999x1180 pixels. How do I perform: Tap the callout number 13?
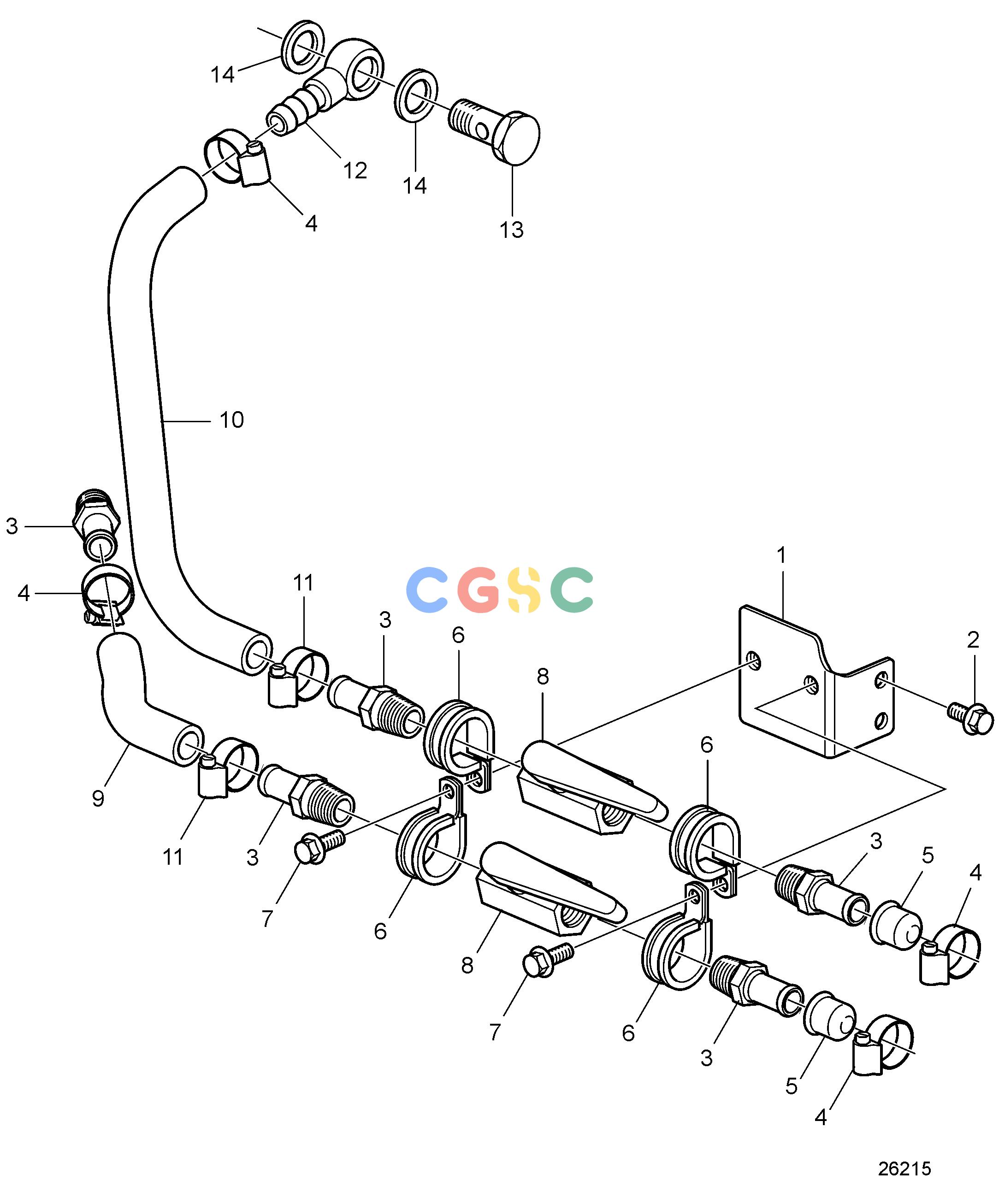[x=511, y=230]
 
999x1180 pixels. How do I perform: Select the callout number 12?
[x=355, y=171]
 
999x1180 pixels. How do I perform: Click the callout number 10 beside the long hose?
[x=231, y=419]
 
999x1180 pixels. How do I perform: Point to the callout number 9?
[x=98, y=798]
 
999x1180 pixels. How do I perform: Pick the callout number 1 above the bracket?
[x=781, y=555]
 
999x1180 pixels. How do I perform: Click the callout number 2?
[x=973, y=640]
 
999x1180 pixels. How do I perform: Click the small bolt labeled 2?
[x=970, y=717]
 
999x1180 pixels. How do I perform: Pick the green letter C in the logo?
[x=572, y=590]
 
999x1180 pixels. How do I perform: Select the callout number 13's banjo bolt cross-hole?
[x=481, y=132]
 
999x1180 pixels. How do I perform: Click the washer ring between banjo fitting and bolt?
[x=416, y=96]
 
